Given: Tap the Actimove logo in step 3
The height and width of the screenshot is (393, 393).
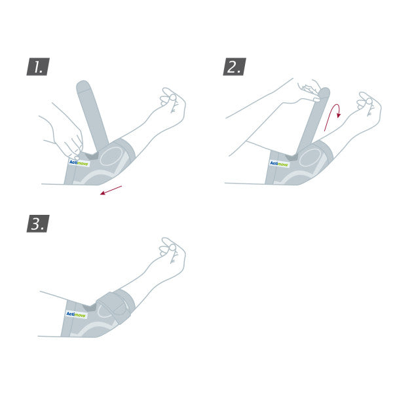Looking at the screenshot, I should coord(76,314).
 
